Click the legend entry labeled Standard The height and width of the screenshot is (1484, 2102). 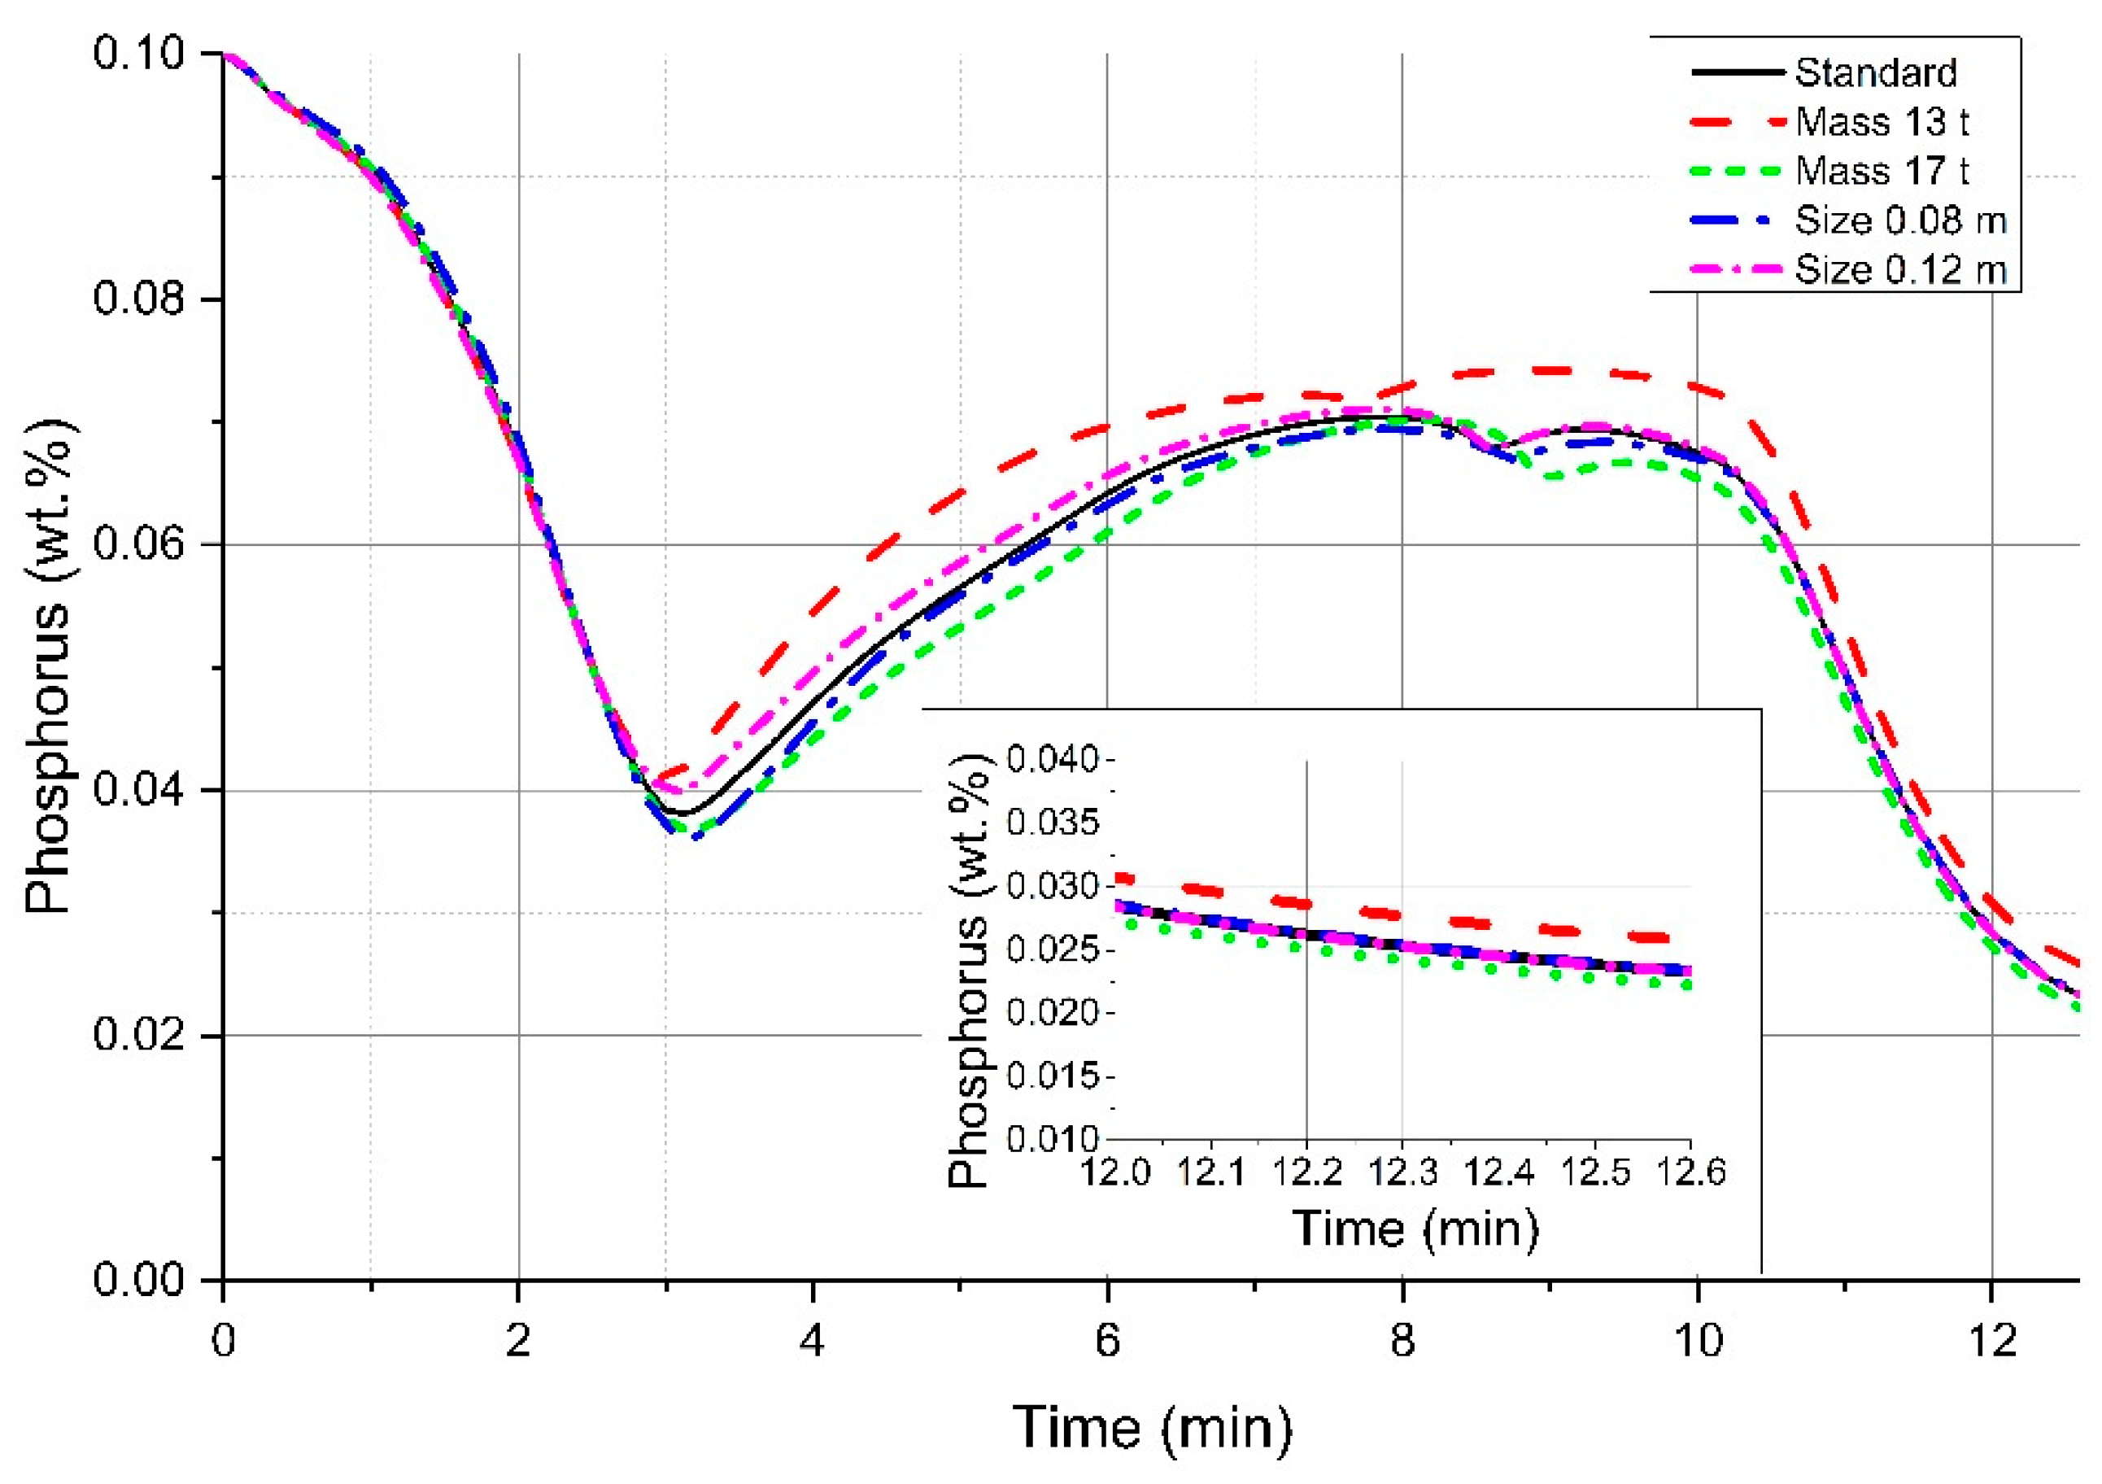tap(1875, 73)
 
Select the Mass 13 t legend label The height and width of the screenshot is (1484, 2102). tap(1882, 122)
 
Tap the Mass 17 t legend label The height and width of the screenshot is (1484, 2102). tap(1882, 171)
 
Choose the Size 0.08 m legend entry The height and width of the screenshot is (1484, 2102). tap(1899, 220)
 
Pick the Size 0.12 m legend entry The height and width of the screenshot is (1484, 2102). tap(1899, 270)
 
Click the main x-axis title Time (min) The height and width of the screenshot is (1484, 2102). tap(1153, 1427)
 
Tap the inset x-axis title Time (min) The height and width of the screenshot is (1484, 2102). tap(1415, 1228)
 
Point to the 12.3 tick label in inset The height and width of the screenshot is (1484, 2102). tap(1402, 1171)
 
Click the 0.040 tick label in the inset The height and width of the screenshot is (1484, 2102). tap(1052, 760)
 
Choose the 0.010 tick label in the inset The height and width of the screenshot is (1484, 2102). tap(1052, 1140)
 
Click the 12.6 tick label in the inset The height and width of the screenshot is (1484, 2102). tap(1690, 1171)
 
